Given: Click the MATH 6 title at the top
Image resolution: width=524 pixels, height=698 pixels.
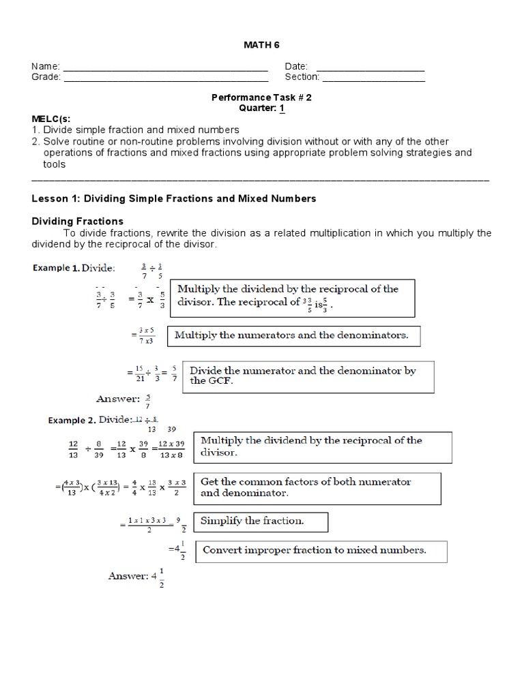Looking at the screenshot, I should point(262,45).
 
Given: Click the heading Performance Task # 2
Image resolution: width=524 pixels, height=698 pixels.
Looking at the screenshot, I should point(261,97).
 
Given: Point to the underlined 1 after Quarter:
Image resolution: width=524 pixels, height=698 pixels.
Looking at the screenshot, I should point(282,108).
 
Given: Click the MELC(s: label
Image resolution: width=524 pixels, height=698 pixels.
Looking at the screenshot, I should point(53,119).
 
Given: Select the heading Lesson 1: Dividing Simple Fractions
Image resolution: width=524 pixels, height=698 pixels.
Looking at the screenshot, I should point(174,198).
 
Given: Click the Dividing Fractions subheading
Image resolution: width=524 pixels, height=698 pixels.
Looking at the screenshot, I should point(78,221).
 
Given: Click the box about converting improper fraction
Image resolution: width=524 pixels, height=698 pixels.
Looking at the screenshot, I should point(321,551).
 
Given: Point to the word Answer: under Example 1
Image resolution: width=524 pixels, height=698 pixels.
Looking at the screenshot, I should point(118,399).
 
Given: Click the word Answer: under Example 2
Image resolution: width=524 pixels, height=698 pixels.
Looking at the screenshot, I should point(128,576).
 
